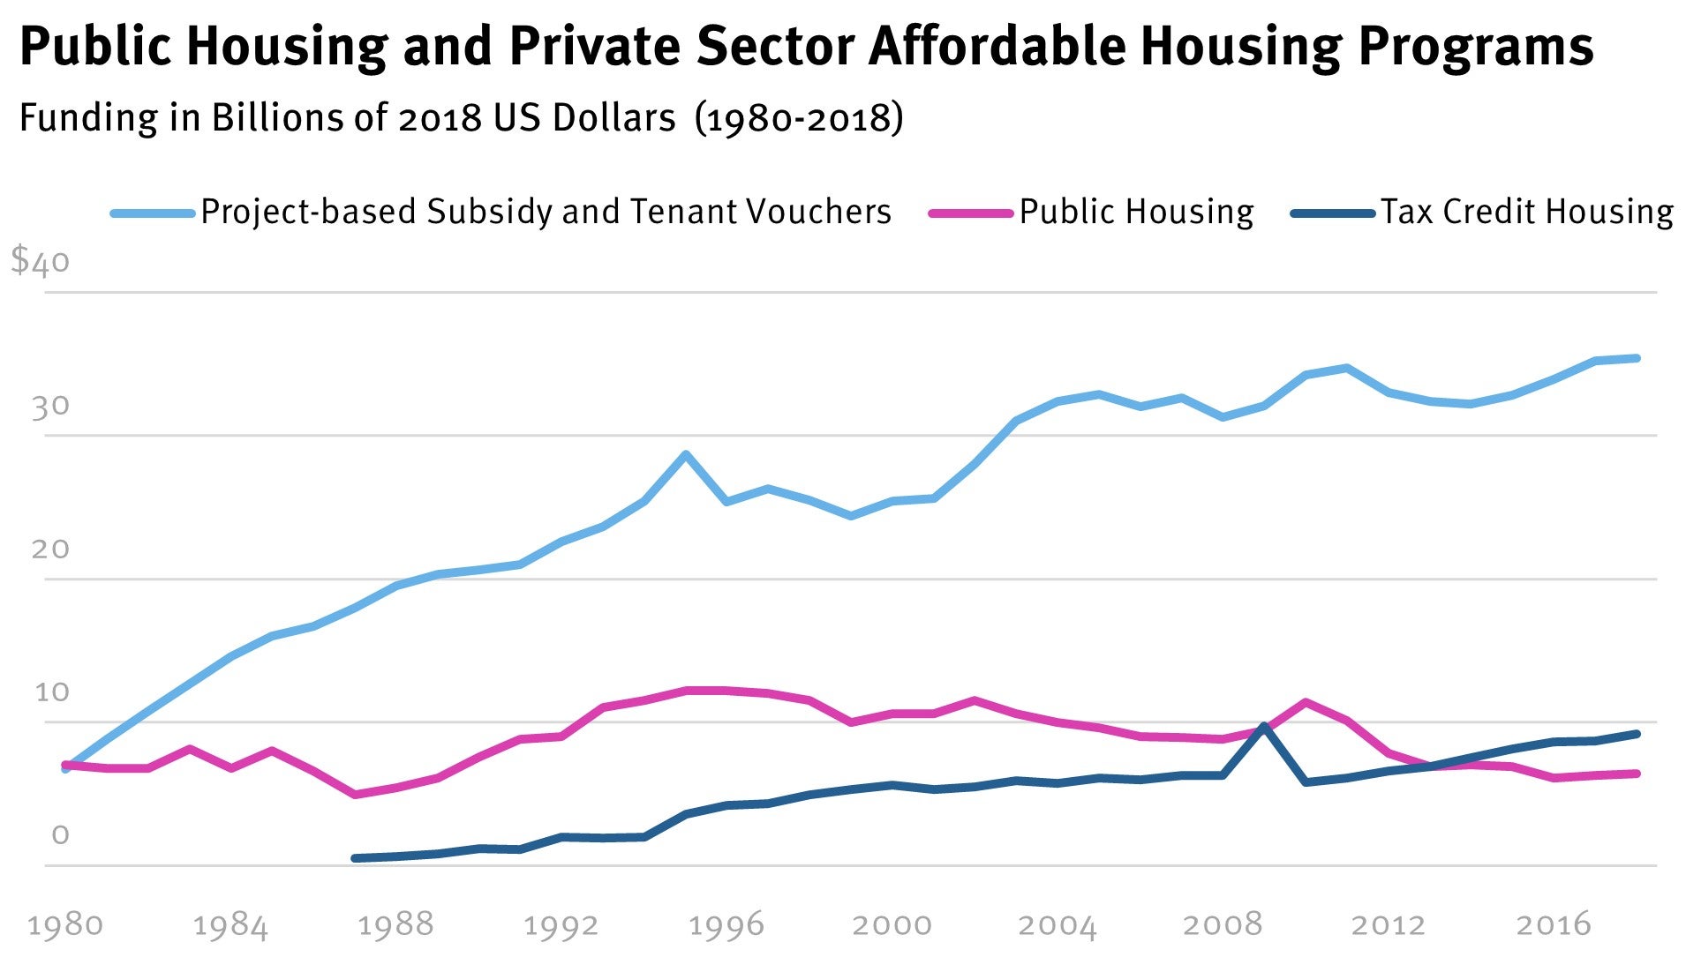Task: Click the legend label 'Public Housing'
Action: [1136, 213]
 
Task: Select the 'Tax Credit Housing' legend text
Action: [1527, 213]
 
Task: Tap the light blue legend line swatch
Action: [152, 213]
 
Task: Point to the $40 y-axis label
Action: [40, 261]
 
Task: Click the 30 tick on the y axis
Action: [50, 407]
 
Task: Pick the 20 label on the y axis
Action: [50, 550]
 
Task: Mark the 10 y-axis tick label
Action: [51, 692]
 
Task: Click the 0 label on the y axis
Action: [60, 835]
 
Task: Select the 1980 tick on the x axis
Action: [65, 925]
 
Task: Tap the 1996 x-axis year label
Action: [726, 925]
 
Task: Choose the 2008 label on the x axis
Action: [1223, 925]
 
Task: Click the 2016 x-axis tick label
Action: [1554, 925]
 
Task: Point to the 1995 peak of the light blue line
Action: [685, 454]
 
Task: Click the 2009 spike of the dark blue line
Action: [1264, 727]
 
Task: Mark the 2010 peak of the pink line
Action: [1306, 702]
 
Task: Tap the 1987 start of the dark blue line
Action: [355, 858]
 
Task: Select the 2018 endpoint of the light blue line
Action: [1637, 358]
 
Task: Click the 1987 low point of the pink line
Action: [355, 795]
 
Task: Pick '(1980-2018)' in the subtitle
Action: [799, 117]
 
